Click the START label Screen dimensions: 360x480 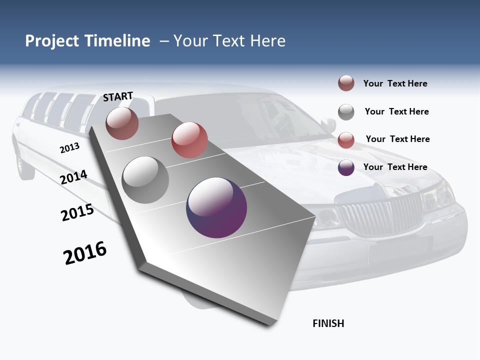pos(118,96)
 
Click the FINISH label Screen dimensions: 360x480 pos(328,323)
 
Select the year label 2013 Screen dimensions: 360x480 pos(69,148)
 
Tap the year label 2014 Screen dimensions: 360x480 pos(73,177)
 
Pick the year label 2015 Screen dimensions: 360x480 pos(77,212)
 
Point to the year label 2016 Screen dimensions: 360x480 pos(85,253)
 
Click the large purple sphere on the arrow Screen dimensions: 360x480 pos(216,207)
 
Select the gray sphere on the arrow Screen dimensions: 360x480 pos(145,179)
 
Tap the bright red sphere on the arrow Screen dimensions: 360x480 pos(189,140)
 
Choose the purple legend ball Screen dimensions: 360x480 pos(346,167)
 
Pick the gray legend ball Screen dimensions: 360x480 pos(346,112)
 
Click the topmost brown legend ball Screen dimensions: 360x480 pos(346,83)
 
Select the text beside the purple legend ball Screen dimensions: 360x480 pos(395,167)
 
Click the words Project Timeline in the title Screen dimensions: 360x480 pos(87,41)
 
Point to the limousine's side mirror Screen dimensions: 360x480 pos(328,124)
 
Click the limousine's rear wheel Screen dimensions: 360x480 pos(24,162)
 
